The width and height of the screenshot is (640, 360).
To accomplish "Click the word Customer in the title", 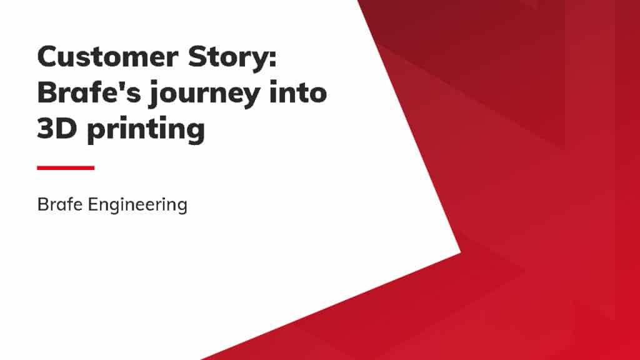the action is tap(107, 57).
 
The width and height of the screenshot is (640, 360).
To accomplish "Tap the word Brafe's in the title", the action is tap(89, 92).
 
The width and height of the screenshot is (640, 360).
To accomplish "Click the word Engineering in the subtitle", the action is tap(137, 205).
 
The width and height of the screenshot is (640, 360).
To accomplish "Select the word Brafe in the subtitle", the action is tap(60, 204).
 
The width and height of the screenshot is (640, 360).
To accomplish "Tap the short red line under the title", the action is tap(66, 167).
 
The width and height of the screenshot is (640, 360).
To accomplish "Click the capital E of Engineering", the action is tap(93, 204).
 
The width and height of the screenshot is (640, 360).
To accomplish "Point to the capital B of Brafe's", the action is tap(47, 92).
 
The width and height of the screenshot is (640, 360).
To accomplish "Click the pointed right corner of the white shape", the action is tap(461, 252).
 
